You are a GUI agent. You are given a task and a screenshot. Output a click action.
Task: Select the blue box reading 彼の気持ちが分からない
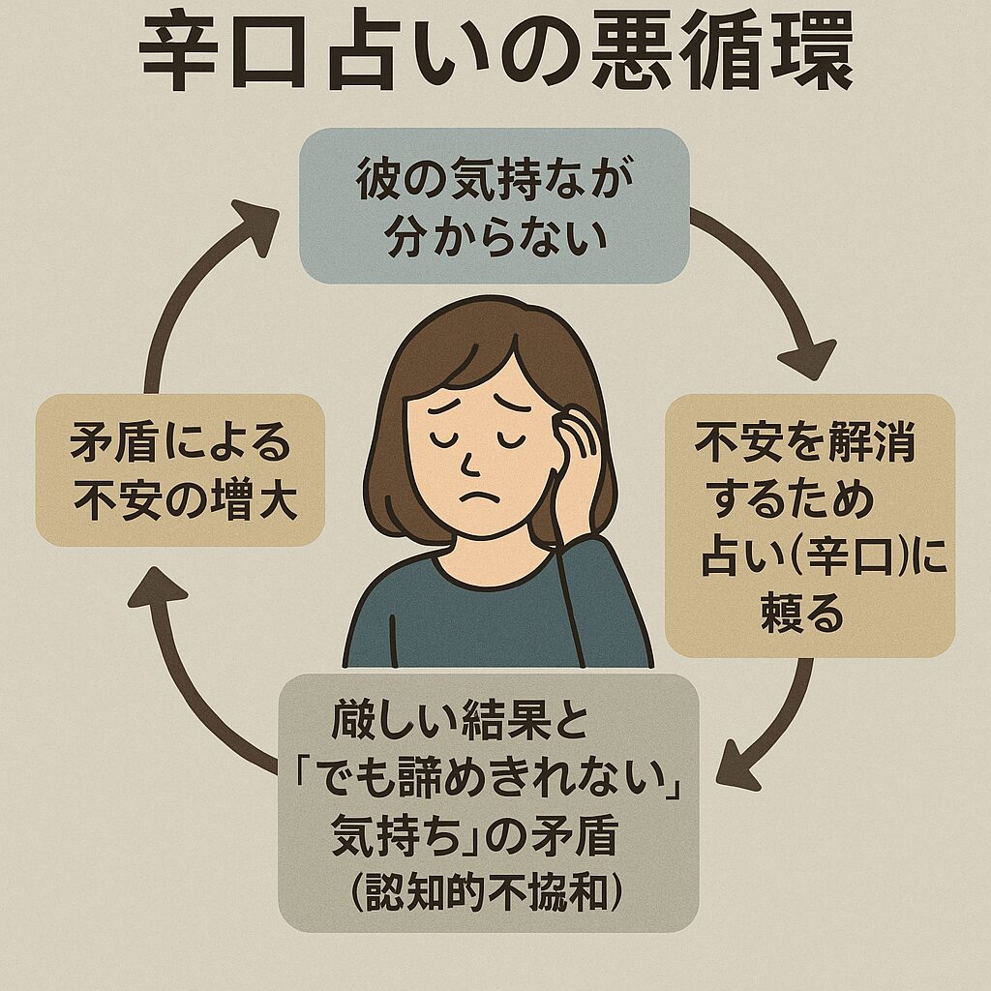point(495,205)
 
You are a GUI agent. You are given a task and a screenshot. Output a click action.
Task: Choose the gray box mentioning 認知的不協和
point(489,802)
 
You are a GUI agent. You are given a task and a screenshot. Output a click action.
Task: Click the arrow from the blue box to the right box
point(774,290)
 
